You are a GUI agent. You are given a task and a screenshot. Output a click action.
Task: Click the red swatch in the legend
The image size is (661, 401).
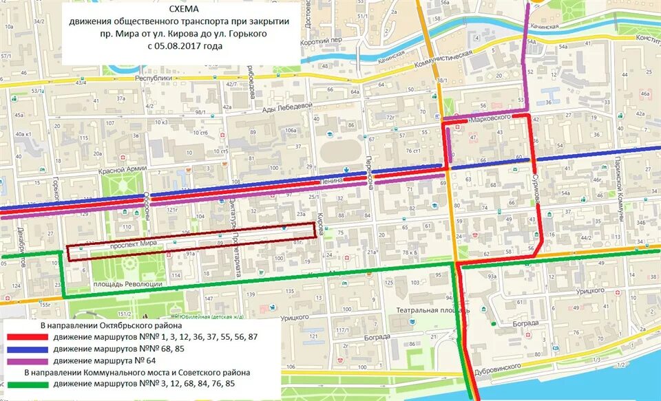[x=28, y=337]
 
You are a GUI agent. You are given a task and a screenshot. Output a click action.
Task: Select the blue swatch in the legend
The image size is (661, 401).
[x=28, y=349]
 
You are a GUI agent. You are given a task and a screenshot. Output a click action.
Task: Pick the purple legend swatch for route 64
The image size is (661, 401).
[x=28, y=360]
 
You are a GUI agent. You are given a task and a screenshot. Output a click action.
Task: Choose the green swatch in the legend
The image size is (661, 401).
[x=28, y=384]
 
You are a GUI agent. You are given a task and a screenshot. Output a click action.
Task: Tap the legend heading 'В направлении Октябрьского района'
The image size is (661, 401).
[x=110, y=325]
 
